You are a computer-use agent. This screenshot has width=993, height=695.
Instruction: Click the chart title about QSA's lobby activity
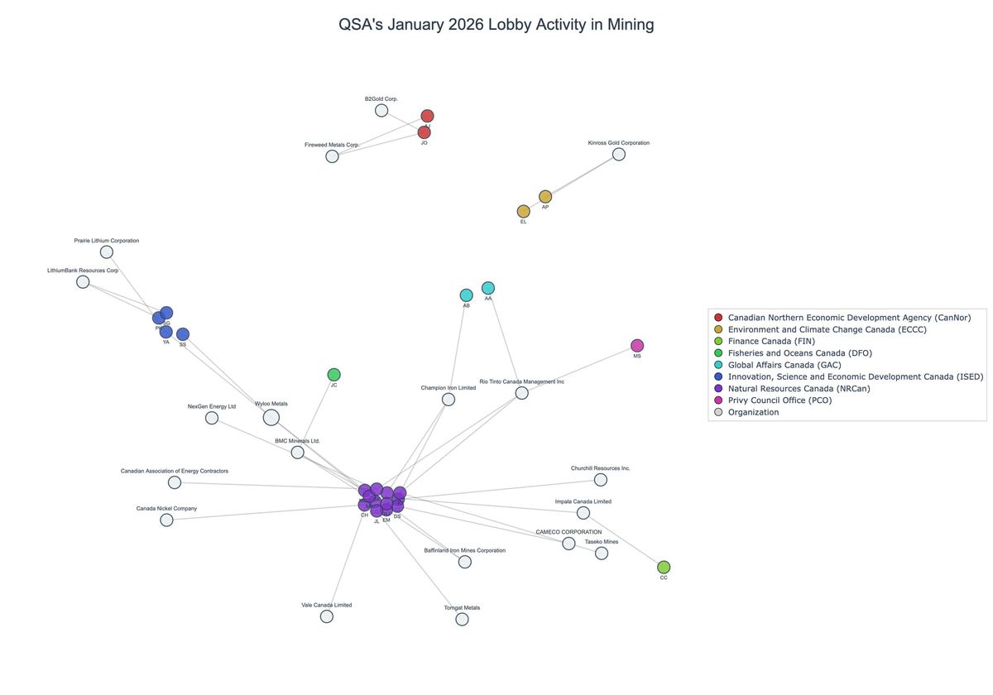point(496,25)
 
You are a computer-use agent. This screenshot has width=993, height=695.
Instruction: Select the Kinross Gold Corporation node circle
point(618,154)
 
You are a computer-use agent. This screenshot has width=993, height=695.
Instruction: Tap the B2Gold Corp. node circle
point(381,110)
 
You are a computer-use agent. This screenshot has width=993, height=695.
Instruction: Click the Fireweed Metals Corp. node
point(332,156)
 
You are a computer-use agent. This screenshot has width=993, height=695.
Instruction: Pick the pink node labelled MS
point(637,345)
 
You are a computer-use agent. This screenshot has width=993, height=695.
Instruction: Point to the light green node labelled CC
point(664,567)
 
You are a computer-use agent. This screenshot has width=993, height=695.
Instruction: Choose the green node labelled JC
point(333,375)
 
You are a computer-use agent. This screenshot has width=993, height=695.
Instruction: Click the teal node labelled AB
point(467,295)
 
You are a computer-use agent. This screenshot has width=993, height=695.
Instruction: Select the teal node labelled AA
point(488,288)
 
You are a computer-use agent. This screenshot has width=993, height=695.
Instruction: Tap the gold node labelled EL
point(524,211)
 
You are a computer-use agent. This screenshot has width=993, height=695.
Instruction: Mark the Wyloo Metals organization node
point(271,418)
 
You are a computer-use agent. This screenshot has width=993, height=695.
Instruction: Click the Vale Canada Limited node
point(327,616)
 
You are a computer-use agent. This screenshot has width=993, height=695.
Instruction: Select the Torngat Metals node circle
point(462,619)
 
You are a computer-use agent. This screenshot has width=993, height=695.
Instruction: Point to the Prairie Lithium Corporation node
point(107,252)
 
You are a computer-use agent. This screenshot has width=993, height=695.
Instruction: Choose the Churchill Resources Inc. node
point(601,480)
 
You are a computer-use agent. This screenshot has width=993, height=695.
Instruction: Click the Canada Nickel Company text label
point(166,508)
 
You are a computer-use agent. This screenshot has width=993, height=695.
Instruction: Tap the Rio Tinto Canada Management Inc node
point(522,393)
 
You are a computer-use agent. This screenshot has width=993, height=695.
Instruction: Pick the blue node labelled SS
point(183,334)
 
